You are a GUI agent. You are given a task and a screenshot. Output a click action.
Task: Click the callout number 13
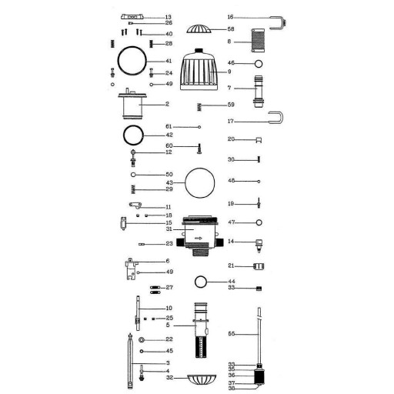click(169, 17)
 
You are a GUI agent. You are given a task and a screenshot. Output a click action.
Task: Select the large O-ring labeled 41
click(118, 61)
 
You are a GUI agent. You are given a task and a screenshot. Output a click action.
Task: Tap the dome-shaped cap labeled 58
click(199, 29)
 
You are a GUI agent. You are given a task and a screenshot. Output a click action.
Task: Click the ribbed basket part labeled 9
click(199, 69)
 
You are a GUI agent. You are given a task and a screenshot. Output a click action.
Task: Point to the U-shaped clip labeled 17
click(282, 118)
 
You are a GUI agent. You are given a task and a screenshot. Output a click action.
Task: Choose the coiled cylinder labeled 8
click(258, 40)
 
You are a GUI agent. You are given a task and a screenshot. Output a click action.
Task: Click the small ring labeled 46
click(259, 64)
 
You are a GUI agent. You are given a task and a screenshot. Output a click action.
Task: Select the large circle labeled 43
click(185, 182)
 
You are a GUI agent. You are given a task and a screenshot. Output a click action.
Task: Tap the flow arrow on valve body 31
click(199, 239)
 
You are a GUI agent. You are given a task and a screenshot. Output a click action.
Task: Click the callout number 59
click(231, 105)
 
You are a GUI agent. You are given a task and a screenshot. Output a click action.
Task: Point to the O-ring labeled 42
click(124, 135)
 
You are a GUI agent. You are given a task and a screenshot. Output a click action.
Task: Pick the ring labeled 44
click(195, 282)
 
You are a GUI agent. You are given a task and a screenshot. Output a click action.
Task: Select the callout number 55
click(231, 334)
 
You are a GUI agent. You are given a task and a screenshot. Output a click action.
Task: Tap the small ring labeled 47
click(259, 222)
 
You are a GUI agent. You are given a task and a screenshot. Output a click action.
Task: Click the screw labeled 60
click(199, 149)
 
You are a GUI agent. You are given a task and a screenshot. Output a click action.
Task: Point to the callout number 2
click(167, 104)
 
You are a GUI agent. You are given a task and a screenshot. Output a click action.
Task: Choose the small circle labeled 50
click(133, 175)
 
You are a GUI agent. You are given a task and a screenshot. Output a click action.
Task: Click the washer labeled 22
click(141, 340)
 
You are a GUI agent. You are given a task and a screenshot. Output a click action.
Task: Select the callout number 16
click(230, 17)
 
